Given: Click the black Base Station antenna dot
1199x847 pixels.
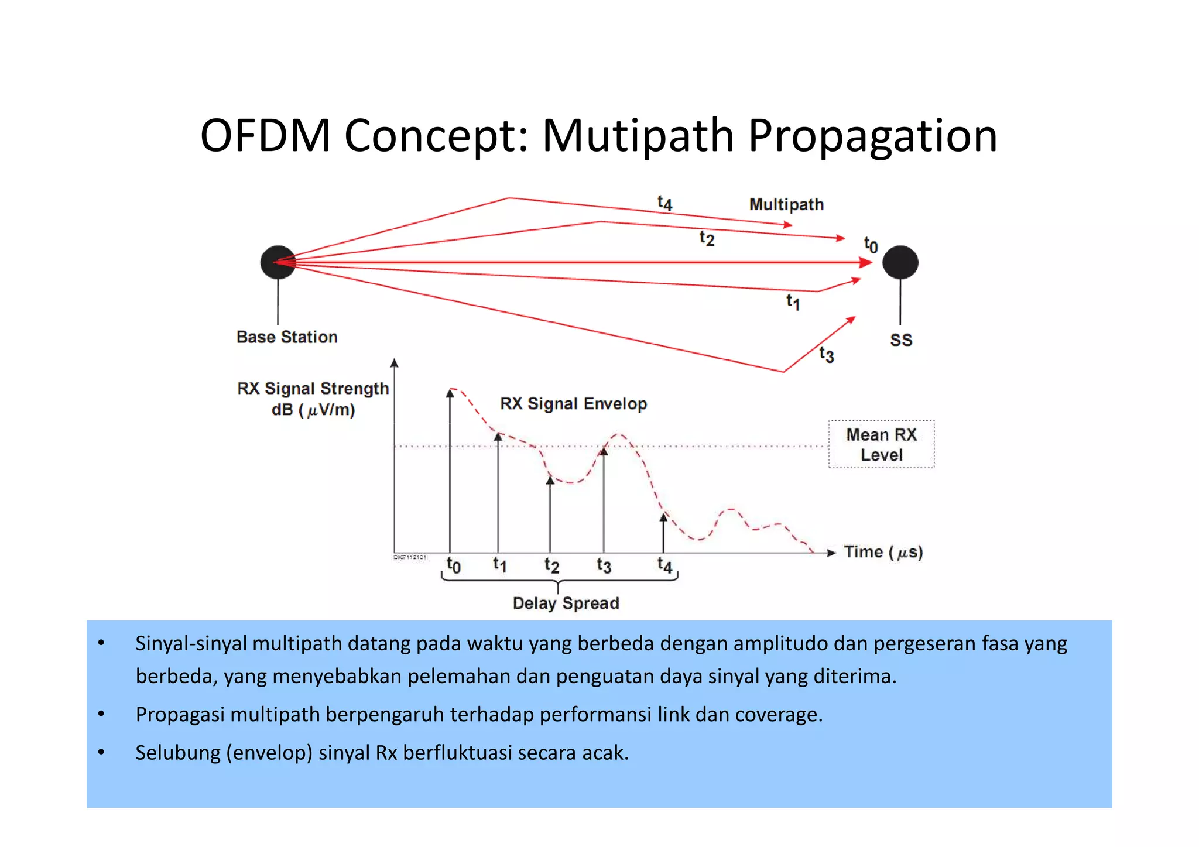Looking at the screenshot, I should point(278,262).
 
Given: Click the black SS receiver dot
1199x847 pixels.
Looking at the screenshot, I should point(900,262).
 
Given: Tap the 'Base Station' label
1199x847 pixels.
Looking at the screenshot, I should point(287,337).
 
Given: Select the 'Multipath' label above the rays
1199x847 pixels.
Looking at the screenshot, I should point(786,204).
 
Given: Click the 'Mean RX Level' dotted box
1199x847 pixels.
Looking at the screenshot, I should point(881,444).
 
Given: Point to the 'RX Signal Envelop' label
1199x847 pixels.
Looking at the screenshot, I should point(573,404).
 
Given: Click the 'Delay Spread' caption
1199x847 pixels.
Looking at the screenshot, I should point(566,603).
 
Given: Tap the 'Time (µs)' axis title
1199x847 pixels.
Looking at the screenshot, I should point(883,552).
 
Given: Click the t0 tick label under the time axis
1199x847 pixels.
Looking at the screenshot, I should point(453,565).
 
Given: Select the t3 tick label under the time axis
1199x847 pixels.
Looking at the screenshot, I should point(604,565).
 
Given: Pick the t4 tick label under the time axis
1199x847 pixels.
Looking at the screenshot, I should point(664,565).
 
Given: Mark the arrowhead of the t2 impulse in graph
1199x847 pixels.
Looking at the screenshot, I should point(550,480).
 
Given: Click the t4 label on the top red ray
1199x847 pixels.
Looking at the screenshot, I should point(664,203).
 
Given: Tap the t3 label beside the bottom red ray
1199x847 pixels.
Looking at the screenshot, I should point(826,354).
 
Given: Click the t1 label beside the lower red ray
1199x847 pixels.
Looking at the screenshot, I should point(793,301).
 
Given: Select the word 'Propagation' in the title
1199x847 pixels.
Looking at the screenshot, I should point(872,136).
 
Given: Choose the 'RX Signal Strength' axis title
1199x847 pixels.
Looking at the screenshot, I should point(313,389).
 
